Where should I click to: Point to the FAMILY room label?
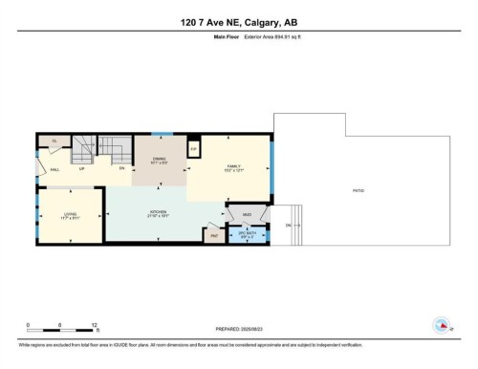tap(230, 166)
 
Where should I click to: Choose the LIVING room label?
tap(70, 215)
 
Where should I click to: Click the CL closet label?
tap(54, 141)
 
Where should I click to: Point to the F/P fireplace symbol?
tap(192, 149)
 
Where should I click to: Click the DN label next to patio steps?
tap(288, 225)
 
